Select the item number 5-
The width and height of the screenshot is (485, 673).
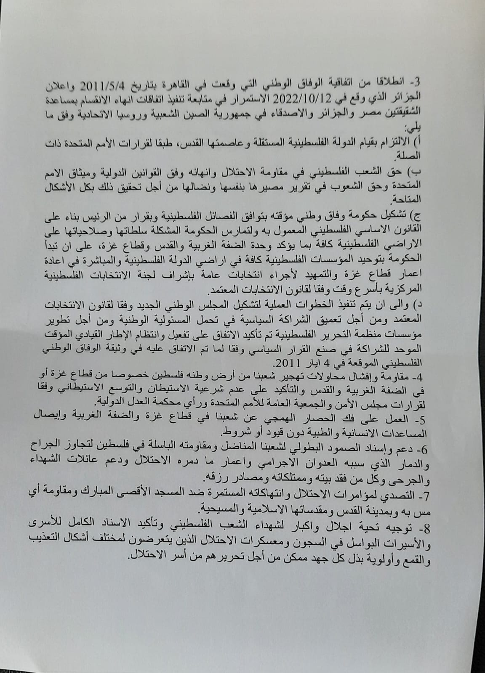click(x=456, y=411)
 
